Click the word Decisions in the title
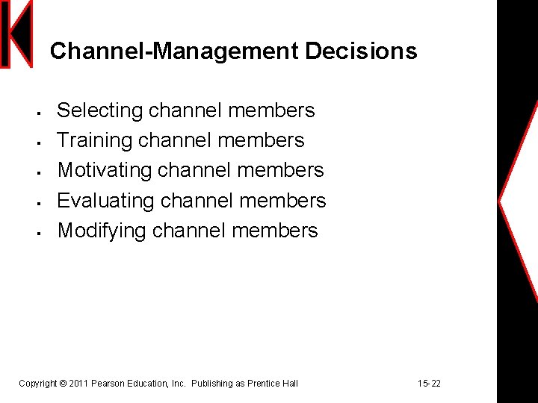click(361, 51)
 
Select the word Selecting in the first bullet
click(99, 111)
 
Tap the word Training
click(95, 140)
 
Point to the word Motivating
click(104, 170)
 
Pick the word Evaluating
click(105, 200)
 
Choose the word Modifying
click(102, 231)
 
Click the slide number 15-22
click(429, 384)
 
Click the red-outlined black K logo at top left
click(16, 34)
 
